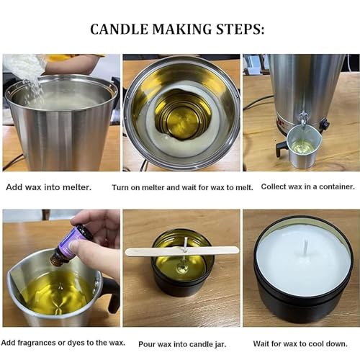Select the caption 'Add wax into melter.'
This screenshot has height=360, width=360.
tap(48, 186)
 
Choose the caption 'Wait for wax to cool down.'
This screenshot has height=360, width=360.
tap(300, 343)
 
